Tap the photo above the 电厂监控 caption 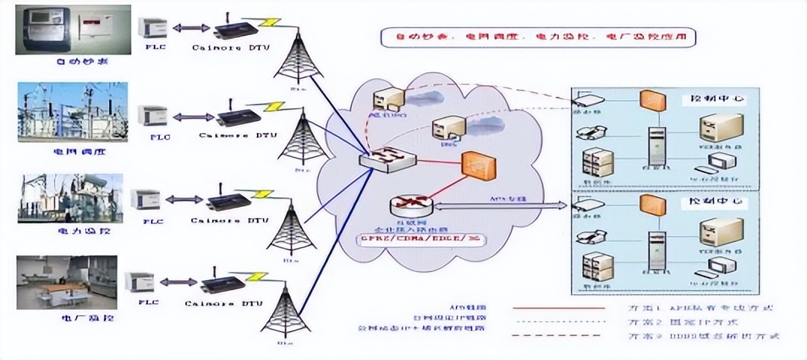tap(67, 282)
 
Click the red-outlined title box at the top tap(534, 35)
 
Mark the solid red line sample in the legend tap(559, 308)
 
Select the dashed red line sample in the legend tap(559, 336)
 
